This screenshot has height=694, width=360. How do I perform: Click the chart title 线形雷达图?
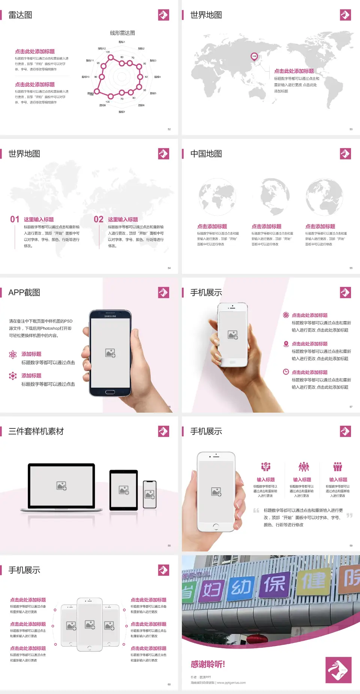tap(122, 33)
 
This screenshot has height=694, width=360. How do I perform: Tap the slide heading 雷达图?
tap(20, 15)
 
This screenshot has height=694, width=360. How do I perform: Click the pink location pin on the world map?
tap(254, 57)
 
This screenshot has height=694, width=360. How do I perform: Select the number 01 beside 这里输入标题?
tap(15, 219)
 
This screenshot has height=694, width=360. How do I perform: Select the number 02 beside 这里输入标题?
tap(99, 219)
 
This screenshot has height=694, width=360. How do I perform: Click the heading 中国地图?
tap(206, 154)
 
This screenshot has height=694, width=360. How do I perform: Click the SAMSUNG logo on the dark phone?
tap(110, 316)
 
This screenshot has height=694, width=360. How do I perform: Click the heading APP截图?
tap(24, 293)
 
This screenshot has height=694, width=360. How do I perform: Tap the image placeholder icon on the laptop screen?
tap(61, 486)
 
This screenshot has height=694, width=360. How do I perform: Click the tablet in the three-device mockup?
tap(124, 490)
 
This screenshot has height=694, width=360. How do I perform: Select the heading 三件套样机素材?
tap(36, 431)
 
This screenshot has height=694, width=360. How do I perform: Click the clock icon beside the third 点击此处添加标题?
tap(286, 372)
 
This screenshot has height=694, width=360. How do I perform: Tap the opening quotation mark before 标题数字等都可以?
tap(256, 511)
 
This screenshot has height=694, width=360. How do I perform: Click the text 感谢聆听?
tap(208, 664)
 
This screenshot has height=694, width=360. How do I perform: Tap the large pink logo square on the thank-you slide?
tap(338, 670)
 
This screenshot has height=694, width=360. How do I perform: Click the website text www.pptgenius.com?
tap(231, 683)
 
